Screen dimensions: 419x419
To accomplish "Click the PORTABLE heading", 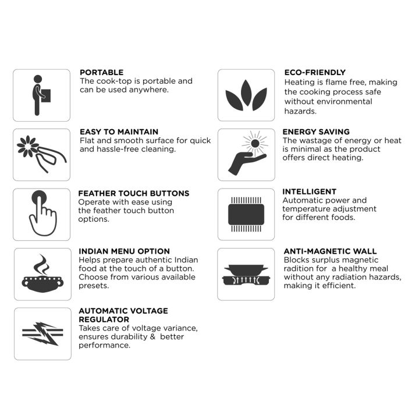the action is pyautogui.click(x=101, y=72).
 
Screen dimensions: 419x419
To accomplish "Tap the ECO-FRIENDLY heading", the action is pyautogui.click(x=315, y=72).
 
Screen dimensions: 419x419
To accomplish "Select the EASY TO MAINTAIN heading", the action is pyautogui.click(x=119, y=132).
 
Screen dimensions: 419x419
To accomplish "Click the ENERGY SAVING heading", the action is pyautogui.click(x=316, y=132).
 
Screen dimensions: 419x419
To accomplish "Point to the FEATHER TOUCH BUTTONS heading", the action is pyautogui.click(x=134, y=193).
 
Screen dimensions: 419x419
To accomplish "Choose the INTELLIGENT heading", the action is pyautogui.click(x=309, y=191).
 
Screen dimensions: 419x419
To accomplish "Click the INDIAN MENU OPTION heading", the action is pyautogui.click(x=125, y=251).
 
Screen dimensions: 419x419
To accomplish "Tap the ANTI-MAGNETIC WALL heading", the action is pyautogui.click(x=331, y=251).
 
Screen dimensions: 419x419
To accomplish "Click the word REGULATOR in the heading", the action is pyautogui.click(x=104, y=319).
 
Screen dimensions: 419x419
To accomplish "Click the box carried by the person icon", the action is pyautogui.click(x=46, y=95).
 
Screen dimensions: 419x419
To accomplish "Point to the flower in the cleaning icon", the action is pyautogui.click(x=27, y=146).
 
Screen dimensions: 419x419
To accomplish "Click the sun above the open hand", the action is pyautogui.click(x=255, y=144).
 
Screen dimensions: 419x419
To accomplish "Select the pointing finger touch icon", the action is pyautogui.click(x=42, y=213).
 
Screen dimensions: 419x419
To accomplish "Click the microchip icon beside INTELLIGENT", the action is pyautogui.click(x=246, y=214).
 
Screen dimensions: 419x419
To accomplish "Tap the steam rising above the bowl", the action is pyautogui.click(x=42, y=265).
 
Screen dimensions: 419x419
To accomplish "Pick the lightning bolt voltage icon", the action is pyautogui.click(x=42, y=333).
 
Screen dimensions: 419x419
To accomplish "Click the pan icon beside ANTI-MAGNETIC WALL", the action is pyautogui.click(x=246, y=275).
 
